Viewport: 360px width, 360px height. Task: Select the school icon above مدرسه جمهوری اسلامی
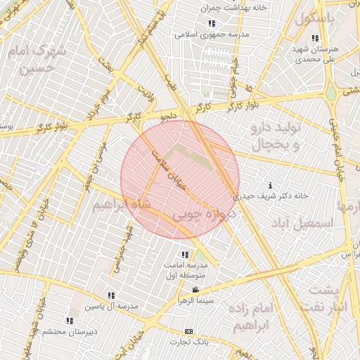[211, 23]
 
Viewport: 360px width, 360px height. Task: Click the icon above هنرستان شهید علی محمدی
[315, 38]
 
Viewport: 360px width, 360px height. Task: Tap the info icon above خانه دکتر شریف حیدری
[271, 185]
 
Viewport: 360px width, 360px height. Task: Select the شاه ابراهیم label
[120, 205]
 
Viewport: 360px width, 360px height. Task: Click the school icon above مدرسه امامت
[185, 255]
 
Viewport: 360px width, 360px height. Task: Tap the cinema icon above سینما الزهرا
[195, 290]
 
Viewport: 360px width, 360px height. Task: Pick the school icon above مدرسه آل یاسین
[111, 296]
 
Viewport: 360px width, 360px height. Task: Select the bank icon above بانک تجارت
[188, 331]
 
